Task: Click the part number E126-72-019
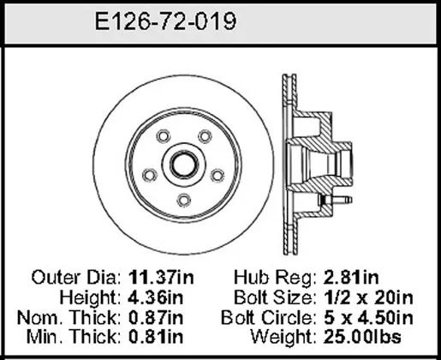[165, 21]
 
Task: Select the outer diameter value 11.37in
[161, 277]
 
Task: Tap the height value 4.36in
[156, 297]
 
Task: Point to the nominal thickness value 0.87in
[156, 317]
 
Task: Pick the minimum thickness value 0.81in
[156, 337]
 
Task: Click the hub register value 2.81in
[351, 277]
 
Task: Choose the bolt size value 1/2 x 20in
[368, 297]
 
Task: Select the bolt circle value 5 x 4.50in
[368, 317]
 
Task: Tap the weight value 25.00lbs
[362, 337]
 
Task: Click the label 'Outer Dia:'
[76, 277]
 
